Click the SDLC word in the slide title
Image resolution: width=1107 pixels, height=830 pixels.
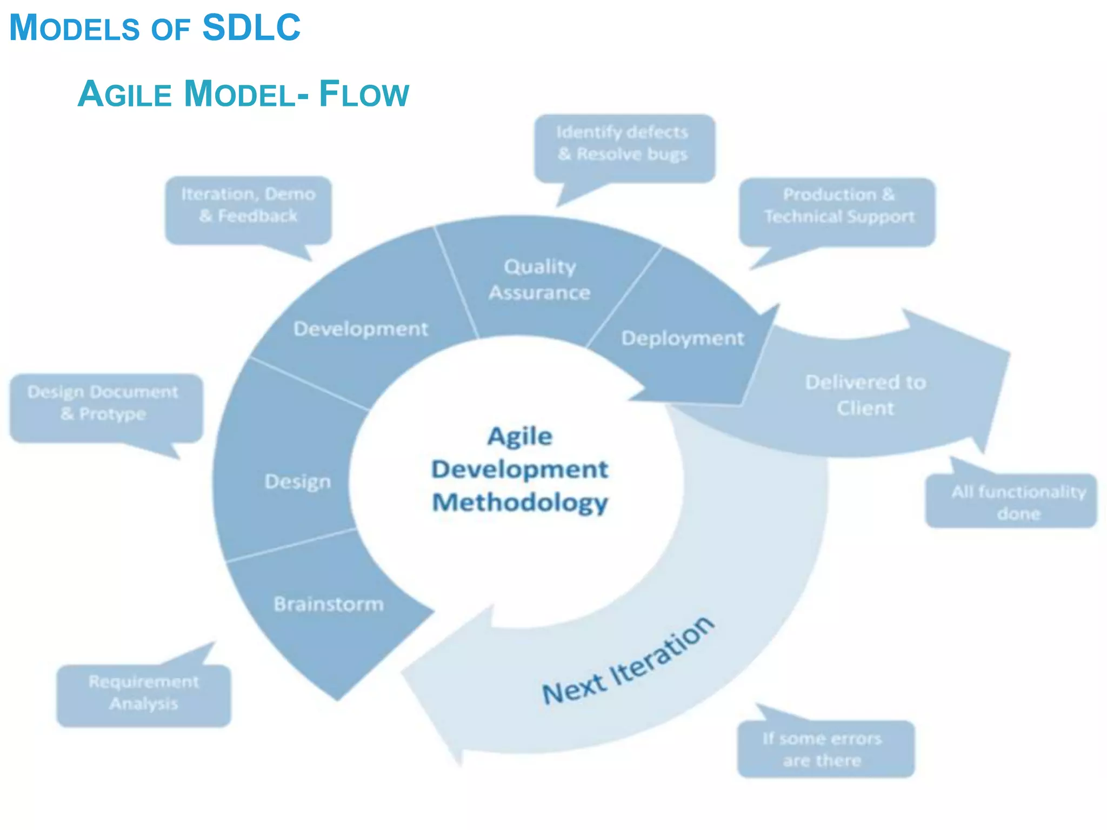tap(251, 27)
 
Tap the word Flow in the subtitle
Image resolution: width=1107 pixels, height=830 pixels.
tap(364, 94)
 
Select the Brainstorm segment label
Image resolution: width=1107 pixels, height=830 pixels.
tap(329, 604)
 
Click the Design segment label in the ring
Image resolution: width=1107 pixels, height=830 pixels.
tap(297, 481)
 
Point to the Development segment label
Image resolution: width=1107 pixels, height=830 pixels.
tap(361, 329)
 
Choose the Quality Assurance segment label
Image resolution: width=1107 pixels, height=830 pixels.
tap(539, 279)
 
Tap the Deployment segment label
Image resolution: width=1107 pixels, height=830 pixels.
tap(683, 338)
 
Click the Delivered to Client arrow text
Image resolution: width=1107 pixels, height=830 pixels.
tap(865, 395)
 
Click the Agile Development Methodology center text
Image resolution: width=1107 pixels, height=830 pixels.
tap(519, 469)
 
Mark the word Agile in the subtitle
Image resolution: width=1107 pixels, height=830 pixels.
tap(125, 94)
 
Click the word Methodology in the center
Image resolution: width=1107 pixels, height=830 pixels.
tap(519, 503)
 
